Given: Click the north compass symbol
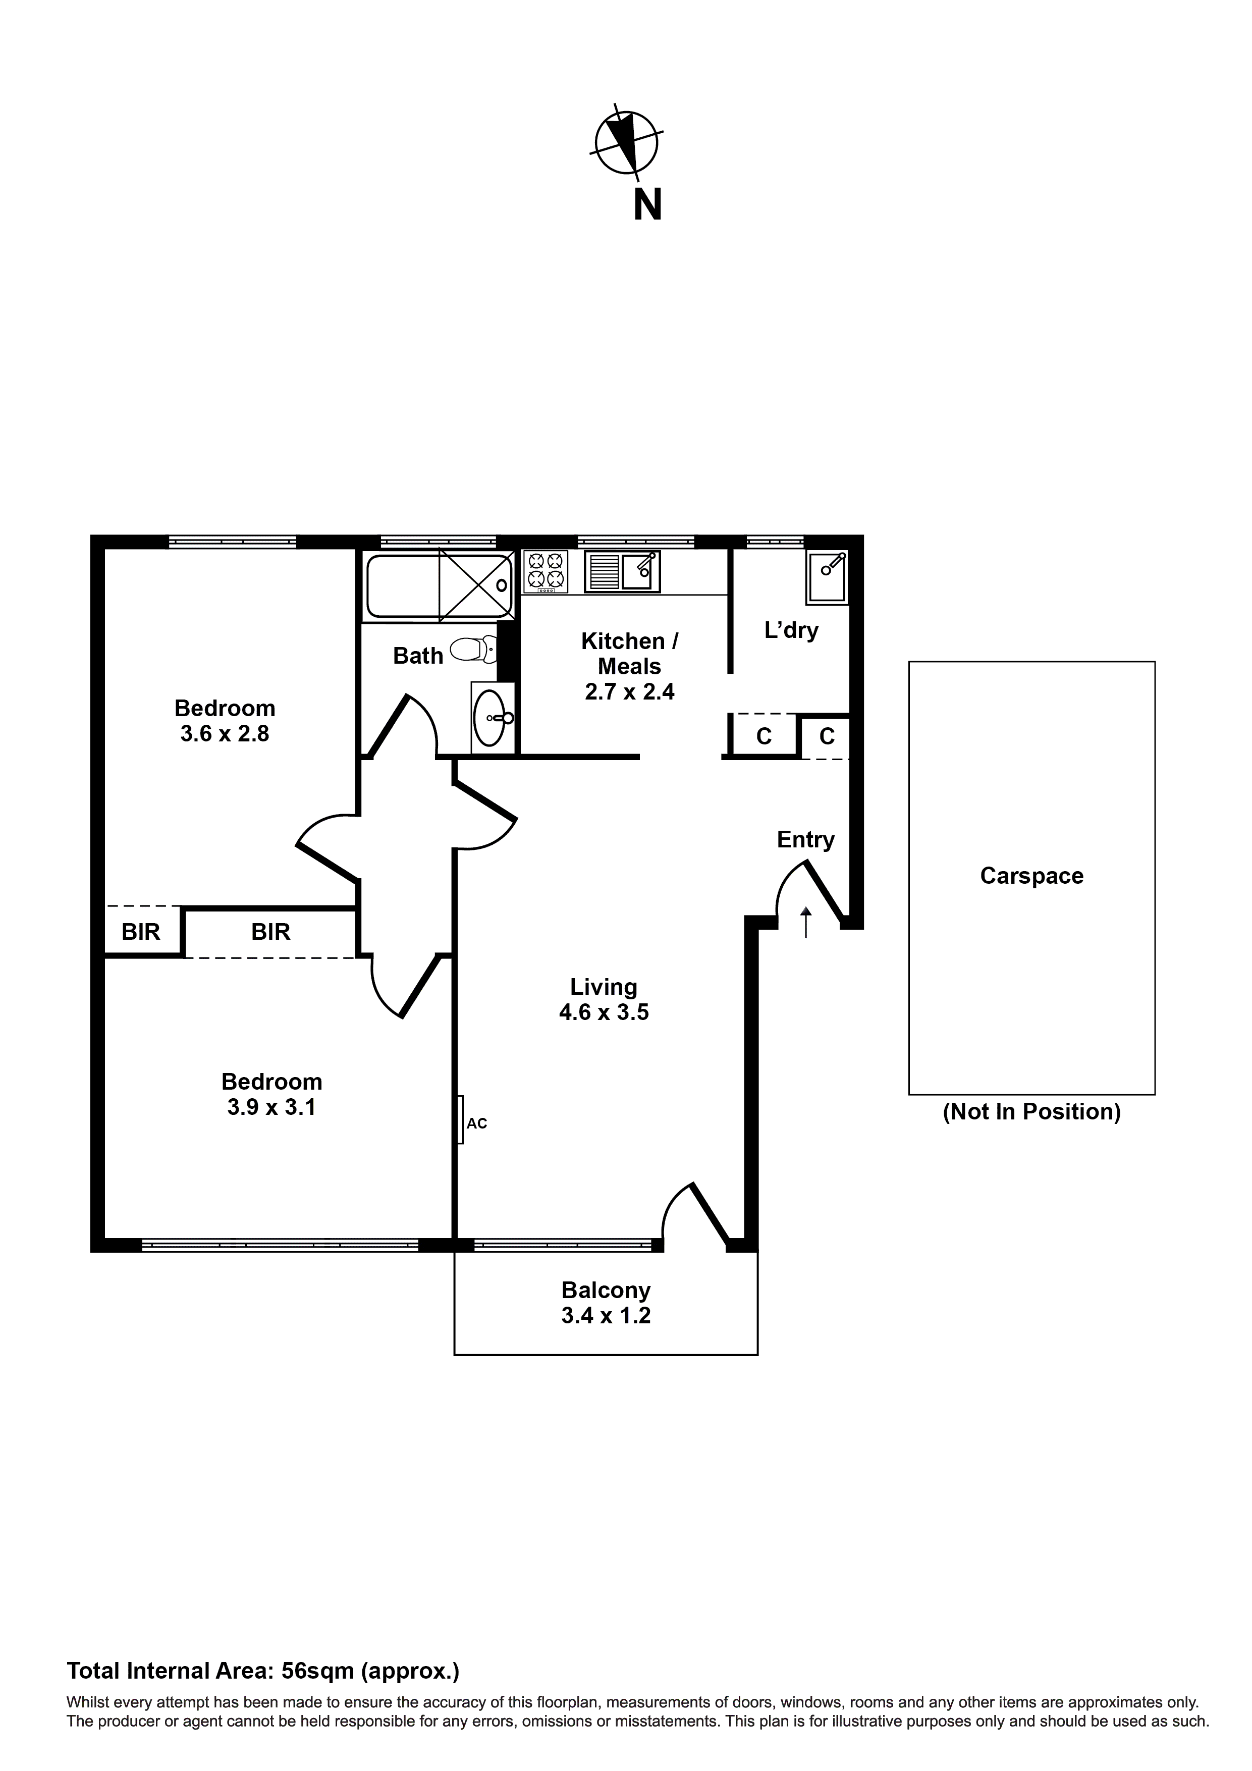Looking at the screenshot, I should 626,143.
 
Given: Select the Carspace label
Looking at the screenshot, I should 1031,876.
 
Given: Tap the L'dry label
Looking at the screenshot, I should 791,631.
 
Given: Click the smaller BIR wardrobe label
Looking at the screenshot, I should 141,933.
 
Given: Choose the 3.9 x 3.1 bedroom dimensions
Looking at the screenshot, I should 271,1108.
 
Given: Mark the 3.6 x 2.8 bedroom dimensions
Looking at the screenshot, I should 225,733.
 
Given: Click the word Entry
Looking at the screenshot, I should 805,840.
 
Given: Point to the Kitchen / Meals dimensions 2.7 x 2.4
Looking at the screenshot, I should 629,692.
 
